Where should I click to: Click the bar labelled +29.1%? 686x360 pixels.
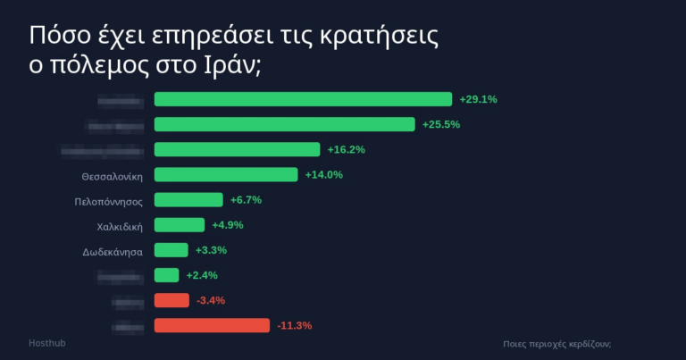(303, 99)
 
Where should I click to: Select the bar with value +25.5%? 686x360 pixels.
(284, 124)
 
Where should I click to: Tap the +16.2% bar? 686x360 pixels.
(237, 149)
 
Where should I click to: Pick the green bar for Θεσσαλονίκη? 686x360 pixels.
(226, 174)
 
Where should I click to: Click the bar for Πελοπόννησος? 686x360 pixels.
(188, 199)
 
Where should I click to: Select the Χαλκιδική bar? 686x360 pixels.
(180, 225)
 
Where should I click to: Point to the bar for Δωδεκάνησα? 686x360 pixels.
(171, 250)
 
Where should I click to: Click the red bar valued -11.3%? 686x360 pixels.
(212, 325)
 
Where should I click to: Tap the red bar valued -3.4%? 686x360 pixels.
(171, 300)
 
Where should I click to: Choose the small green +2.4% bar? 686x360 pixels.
(166, 275)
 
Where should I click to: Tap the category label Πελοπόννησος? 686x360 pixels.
(108, 202)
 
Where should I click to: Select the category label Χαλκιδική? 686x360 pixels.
(120, 227)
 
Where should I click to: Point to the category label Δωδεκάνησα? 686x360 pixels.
(112, 252)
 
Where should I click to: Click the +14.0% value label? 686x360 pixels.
(323, 174)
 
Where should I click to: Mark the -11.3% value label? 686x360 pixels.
(294, 325)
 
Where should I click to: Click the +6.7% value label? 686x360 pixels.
(246, 199)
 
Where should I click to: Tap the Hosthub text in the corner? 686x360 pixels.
(46, 343)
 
